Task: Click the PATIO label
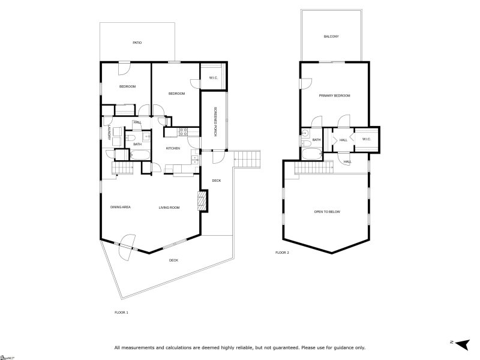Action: tap(137, 43)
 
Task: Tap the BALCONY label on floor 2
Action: tap(331, 37)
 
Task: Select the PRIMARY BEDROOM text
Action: tap(334, 95)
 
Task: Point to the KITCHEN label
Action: tap(173, 148)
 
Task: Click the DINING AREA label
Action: tap(121, 207)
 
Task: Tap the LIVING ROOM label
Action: tap(169, 207)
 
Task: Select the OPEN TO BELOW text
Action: tap(327, 212)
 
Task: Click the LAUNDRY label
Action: tap(109, 133)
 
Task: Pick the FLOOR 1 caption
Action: tap(121, 312)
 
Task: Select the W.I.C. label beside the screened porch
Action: tap(213, 78)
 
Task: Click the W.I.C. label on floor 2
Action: tap(367, 140)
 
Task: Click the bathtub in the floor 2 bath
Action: tap(311, 154)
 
